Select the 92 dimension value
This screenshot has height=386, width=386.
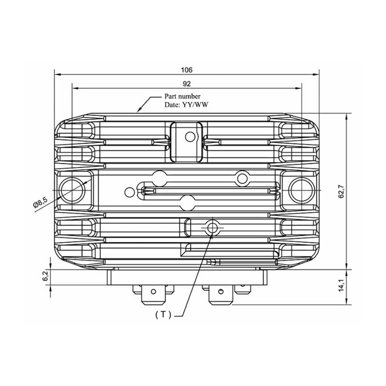coord(187,83)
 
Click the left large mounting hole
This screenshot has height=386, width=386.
coord(71,188)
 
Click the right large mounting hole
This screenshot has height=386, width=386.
coord(302,188)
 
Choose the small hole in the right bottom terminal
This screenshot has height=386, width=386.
coord(221,291)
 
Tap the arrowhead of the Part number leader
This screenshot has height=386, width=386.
coord(140,110)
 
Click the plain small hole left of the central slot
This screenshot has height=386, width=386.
coord(128,192)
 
